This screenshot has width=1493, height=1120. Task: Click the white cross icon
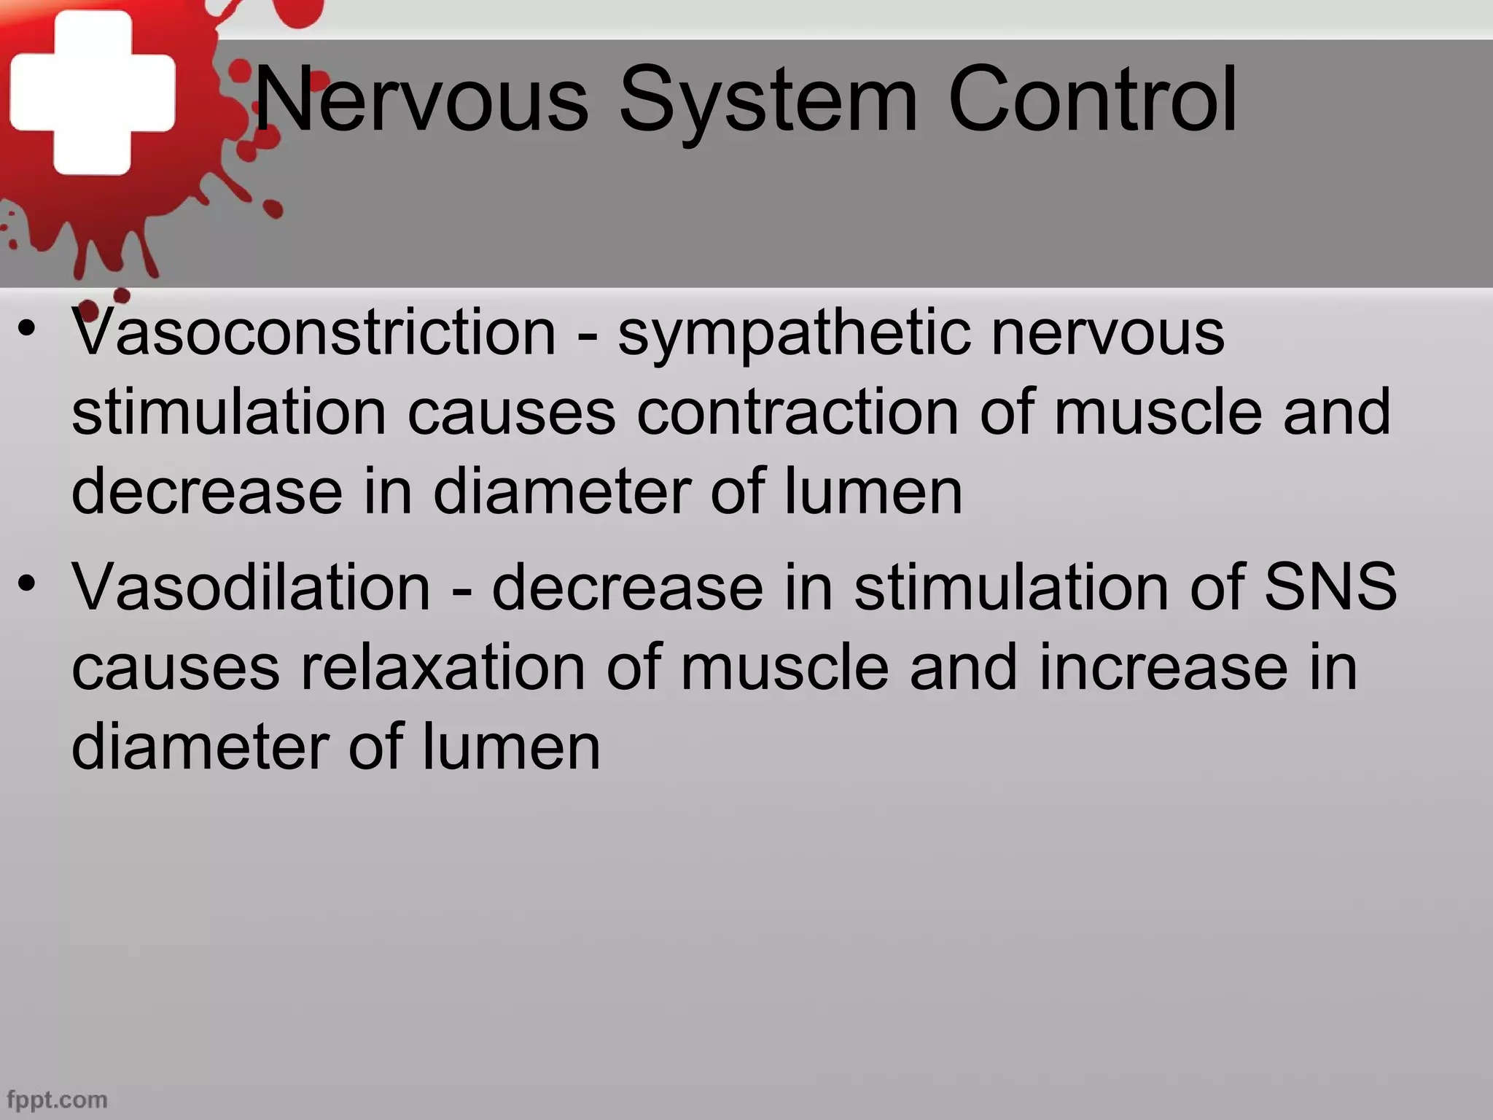tap(93, 93)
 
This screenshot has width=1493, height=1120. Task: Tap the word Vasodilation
tap(252, 587)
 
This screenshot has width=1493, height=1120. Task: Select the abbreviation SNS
tap(1330, 587)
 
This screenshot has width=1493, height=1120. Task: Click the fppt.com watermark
tap(56, 1099)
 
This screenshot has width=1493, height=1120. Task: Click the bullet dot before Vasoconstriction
tap(28, 330)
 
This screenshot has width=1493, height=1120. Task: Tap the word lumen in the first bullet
tap(873, 492)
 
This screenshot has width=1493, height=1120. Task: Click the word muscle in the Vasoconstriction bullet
tap(1158, 413)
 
